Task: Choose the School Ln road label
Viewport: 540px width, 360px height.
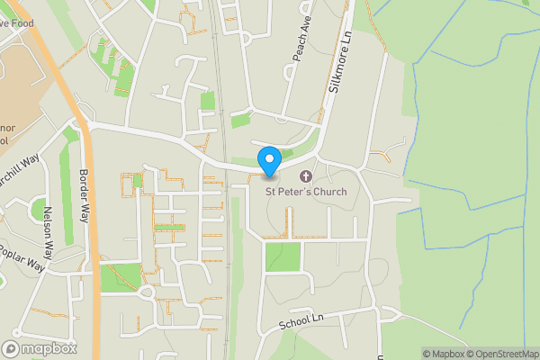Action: click(x=301, y=321)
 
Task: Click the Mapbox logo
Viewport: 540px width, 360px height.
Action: click(x=40, y=348)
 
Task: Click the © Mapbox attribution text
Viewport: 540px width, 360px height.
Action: click(x=444, y=354)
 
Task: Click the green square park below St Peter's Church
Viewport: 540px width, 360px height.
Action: click(x=283, y=256)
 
